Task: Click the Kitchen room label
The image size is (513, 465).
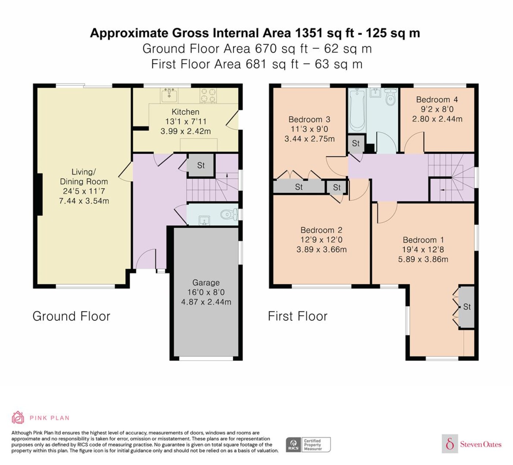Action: [x=185, y=112]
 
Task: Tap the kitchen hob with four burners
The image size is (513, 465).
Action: [x=208, y=95]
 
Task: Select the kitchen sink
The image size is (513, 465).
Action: [x=169, y=95]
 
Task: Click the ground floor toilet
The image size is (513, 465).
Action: [x=229, y=215]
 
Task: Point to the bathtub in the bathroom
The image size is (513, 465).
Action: [x=357, y=110]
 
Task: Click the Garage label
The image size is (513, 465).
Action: [x=206, y=282]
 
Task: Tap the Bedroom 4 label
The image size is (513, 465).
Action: [x=437, y=100]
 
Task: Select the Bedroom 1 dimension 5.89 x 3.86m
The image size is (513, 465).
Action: [x=423, y=260]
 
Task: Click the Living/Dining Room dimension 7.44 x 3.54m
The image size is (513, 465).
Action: [x=84, y=201]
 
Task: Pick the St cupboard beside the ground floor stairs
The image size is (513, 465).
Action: [x=201, y=165]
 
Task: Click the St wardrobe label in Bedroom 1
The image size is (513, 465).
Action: [x=467, y=307]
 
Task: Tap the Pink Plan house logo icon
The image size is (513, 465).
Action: [x=18, y=417]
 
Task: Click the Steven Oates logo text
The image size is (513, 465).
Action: [x=481, y=444]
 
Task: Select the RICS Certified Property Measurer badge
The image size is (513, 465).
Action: [x=308, y=444]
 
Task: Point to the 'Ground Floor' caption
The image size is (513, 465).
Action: [x=71, y=316]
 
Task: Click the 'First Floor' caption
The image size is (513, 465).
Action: [x=298, y=316]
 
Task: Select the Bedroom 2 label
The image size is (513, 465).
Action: [x=321, y=230]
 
